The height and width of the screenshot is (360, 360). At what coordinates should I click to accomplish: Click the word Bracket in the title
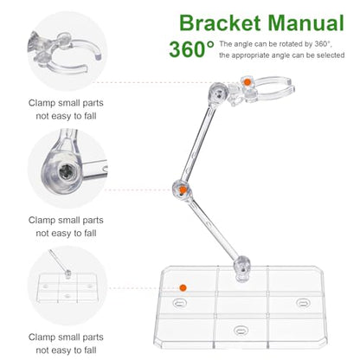(x=220, y=22)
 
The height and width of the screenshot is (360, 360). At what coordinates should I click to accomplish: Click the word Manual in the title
(x=306, y=22)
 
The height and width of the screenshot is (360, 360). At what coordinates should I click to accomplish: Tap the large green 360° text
(x=191, y=49)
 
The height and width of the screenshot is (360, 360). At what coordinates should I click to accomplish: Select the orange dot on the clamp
(x=247, y=82)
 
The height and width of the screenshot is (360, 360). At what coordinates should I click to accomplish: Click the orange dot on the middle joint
(x=183, y=190)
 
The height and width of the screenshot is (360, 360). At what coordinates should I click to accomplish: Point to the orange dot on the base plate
(x=183, y=287)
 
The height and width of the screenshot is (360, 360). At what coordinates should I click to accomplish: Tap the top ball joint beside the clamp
(x=219, y=93)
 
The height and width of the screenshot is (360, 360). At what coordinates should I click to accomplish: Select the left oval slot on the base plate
(x=180, y=303)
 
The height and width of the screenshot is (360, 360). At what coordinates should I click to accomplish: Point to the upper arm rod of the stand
(x=200, y=144)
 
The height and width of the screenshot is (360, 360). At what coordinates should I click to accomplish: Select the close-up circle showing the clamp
(x=67, y=51)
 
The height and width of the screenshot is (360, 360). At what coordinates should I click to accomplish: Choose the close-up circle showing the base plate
(x=67, y=286)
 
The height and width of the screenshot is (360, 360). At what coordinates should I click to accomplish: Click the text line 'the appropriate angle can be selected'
(x=282, y=55)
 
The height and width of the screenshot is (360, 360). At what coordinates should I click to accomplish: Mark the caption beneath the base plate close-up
(x=66, y=344)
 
